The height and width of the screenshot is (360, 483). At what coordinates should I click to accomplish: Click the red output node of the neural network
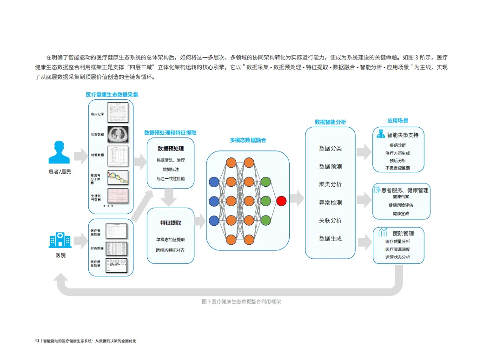pyautogui.click(x=281, y=201)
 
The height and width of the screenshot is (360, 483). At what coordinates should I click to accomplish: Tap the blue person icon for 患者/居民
pyautogui.click(x=59, y=152)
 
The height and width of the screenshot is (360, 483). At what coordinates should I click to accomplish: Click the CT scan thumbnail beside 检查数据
pyautogui.click(x=117, y=134)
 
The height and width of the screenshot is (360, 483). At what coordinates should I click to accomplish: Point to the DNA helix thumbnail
pyautogui.click(x=117, y=176)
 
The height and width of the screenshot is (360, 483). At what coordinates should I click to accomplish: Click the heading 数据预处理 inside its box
pyautogui.click(x=171, y=149)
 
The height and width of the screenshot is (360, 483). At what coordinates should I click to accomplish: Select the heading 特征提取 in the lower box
pyautogui.click(x=171, y=223)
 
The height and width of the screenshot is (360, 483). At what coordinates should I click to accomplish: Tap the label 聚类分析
pyautogui.click(x=330, y=184)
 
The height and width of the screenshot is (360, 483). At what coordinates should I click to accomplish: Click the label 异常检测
pyautogui.click(x=330, y=203)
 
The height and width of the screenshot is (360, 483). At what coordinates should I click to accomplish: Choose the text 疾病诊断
pyautogui.click(x=397, y=145)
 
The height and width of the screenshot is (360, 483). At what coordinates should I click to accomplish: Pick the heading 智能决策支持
pyautogui.click(x=403, y=135)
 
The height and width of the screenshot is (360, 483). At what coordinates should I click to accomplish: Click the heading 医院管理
pyautogui.click(x=403, y=233)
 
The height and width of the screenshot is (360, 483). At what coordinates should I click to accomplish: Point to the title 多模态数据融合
pyautogui.click(x=248, y=140)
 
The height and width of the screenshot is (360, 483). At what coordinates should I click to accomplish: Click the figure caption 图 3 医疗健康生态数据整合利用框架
pyautogui.click(x=242, y=301)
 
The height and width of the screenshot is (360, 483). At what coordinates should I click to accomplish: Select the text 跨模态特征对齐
pyautogui.click(x=170, y=250)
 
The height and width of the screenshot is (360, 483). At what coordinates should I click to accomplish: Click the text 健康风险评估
pyautogui.click(x=401, y=205)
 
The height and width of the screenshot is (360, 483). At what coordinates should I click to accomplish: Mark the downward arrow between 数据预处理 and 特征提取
pyautogui.click(x=170, y=198)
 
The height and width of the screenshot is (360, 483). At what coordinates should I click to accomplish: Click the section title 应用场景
pyautogui.click(x=397, y=121)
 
